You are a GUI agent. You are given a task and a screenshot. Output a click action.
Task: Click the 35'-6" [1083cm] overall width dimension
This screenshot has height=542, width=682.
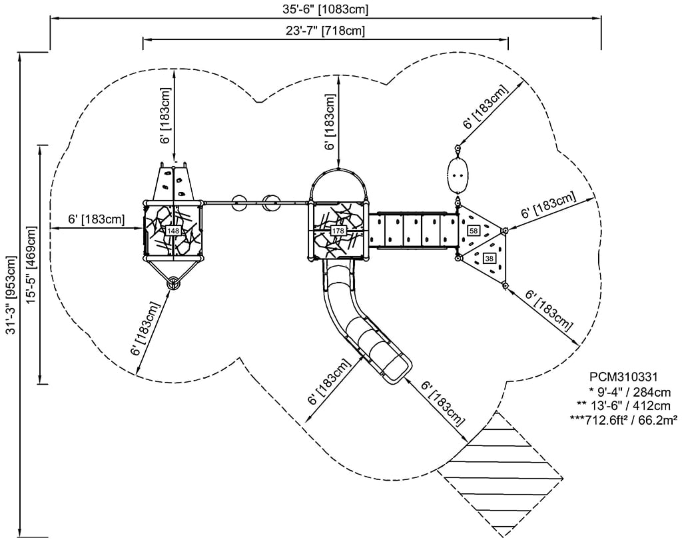click(324, 9)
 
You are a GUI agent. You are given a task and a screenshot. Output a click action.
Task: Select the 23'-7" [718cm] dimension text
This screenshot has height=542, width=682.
click(324, 31)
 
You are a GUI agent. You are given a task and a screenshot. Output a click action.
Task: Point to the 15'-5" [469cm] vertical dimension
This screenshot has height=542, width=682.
click(31, 265)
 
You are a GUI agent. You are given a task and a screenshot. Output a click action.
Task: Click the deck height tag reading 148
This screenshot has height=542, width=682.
click(173, 231)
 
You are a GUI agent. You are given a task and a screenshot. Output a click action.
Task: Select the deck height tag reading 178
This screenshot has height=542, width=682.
click(338, 231)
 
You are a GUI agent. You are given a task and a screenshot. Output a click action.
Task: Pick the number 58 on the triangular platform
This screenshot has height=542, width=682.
click(474, 231)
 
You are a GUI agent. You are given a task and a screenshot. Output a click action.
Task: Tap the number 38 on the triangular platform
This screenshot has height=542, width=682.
click(490, 259)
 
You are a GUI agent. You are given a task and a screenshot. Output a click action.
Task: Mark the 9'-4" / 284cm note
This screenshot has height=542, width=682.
click(625, 392)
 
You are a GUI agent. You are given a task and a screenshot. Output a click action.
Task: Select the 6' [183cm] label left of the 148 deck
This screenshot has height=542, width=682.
click(96, 219)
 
